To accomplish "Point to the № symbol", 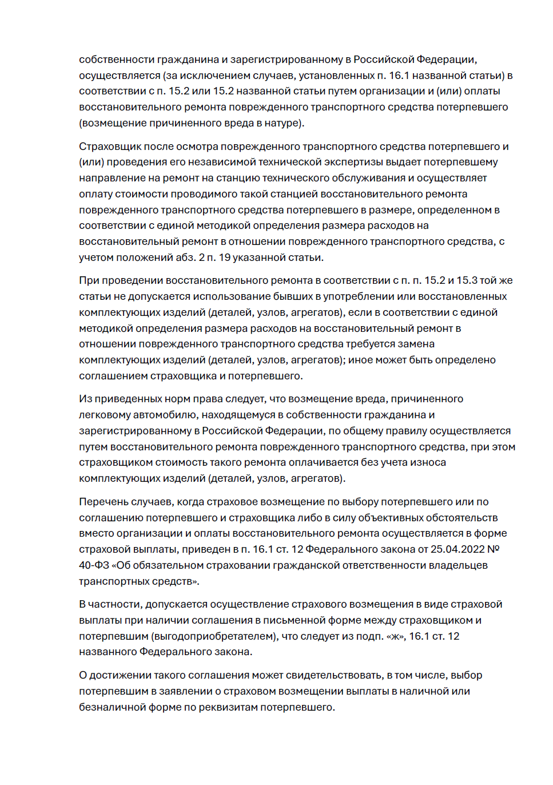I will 493,549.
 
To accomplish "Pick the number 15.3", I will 466,280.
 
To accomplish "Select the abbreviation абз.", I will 185,257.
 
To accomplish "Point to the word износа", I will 429,462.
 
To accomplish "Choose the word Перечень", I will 104,502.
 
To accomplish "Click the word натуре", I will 283,123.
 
